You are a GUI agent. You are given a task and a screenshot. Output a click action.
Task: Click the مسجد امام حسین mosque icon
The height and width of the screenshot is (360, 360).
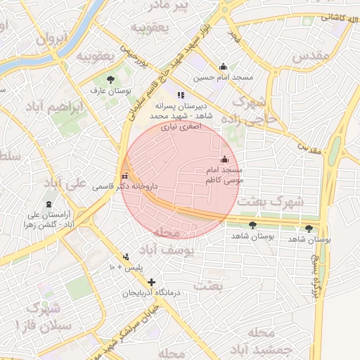pyautogui.click(x=224, y=67)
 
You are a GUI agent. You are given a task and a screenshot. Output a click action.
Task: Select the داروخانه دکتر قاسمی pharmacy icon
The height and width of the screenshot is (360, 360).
pyautogui.click(x=125, y=176)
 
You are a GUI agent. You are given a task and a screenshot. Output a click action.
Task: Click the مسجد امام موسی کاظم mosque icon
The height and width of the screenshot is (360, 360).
pyautogui.click(x=224, y=159)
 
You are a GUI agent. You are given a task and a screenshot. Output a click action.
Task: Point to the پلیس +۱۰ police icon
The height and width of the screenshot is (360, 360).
pyautogui.click(x=126, y=256)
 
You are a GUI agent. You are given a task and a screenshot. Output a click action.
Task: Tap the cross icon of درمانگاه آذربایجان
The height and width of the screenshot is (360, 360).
pyautogui.click(x=151, y=282)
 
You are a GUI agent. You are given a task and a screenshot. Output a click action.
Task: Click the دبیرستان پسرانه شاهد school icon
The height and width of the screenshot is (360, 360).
pyautogui.click(x=181, y=95)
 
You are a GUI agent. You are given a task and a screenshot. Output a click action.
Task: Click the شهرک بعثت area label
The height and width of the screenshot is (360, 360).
pyautogui.click(x=271, y=202)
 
